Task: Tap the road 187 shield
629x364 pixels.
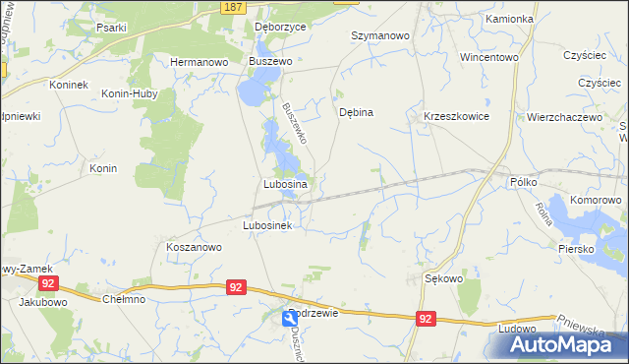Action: (232, 7)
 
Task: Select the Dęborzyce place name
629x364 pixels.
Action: (280, 27)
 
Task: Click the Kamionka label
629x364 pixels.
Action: (509, 19)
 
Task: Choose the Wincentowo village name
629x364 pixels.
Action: (488, 57)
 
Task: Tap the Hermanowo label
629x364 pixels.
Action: (199, 61)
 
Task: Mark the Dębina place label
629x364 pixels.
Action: (356, 112)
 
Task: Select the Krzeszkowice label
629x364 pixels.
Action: (456, 116)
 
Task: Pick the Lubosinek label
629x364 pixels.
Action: (267, 225)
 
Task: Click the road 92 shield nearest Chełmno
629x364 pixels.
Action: (235, 286)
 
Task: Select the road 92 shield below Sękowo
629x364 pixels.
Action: (425, 319)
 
